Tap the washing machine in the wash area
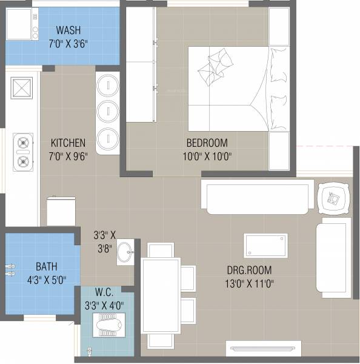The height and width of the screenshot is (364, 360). click(22, 24)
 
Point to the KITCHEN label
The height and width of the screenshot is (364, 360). click(68, 143)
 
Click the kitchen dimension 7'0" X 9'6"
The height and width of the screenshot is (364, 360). click(68, 155)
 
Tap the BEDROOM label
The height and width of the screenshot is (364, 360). click(207, 143)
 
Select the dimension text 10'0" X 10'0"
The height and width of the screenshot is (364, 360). click(207, 155)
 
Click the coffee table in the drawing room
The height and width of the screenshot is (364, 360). click(265, 245)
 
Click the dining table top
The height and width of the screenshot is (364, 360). click(161, 295)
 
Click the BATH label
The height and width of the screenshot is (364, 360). click(46, 266)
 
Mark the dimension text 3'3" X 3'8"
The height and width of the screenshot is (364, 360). click(104, 240)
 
